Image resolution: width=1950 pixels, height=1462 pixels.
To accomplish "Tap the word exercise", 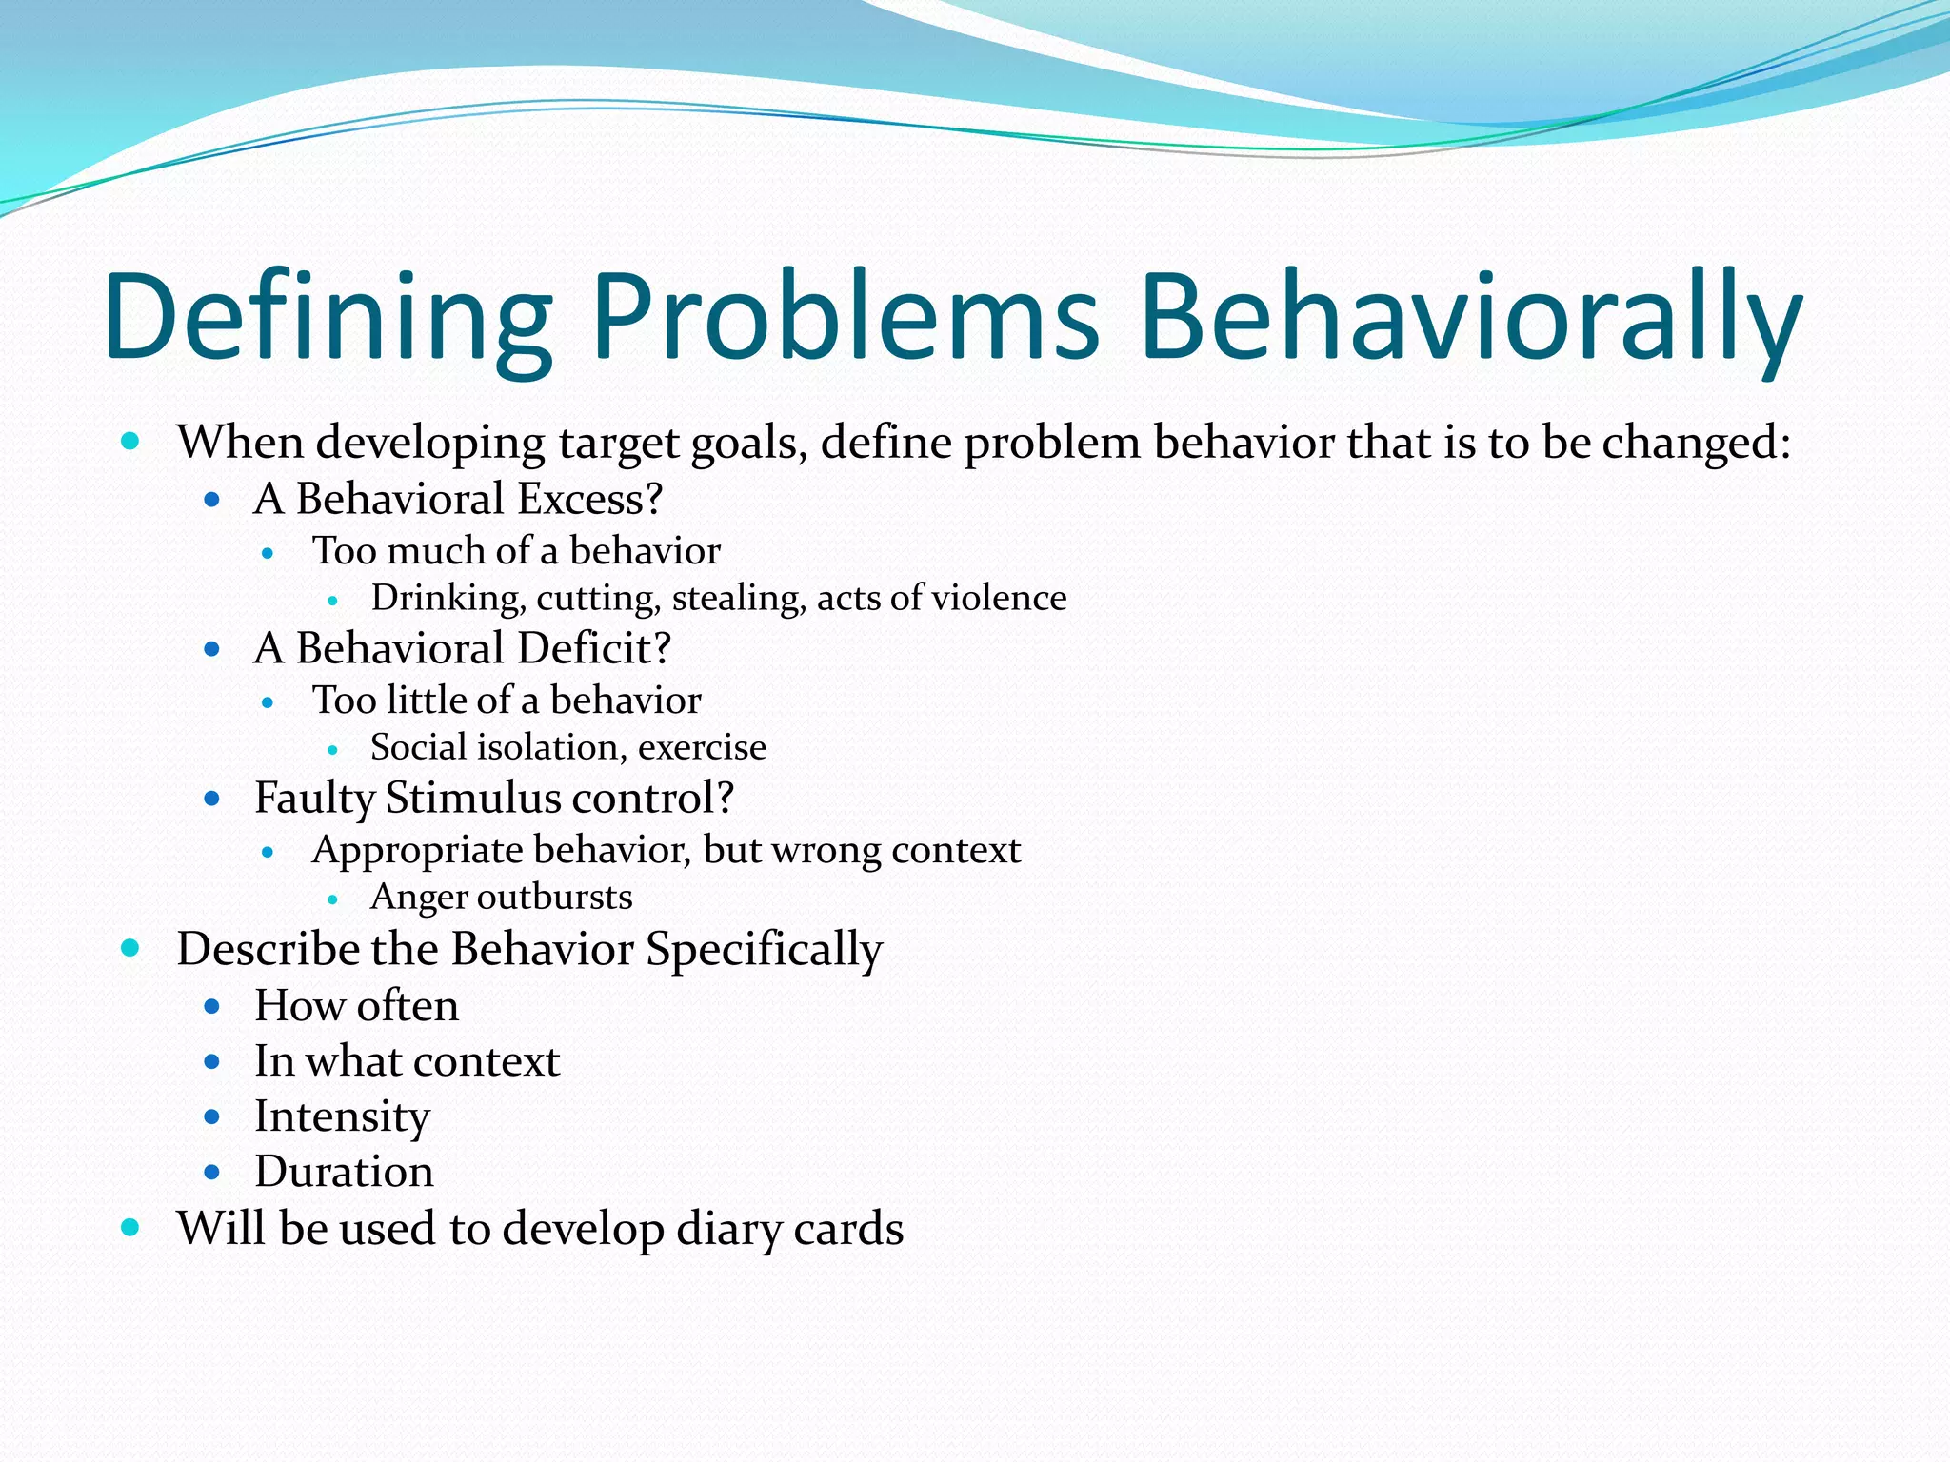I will (702, 747).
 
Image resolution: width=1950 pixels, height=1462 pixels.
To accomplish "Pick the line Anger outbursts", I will (502, 897).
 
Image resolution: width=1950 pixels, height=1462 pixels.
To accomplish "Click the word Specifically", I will (765, 950).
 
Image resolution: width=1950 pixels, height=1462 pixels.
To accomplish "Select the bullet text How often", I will (357, 1006).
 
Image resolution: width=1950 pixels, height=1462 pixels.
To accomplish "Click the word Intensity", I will (342, 1116).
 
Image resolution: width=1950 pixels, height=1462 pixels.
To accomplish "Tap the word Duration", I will (345, 1172).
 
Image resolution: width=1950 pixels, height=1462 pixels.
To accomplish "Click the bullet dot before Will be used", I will (130, 1228).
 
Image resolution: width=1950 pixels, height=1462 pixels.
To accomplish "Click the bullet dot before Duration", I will (212, 1172).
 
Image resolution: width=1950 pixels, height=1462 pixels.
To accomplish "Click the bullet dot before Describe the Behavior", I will (130, 948).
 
